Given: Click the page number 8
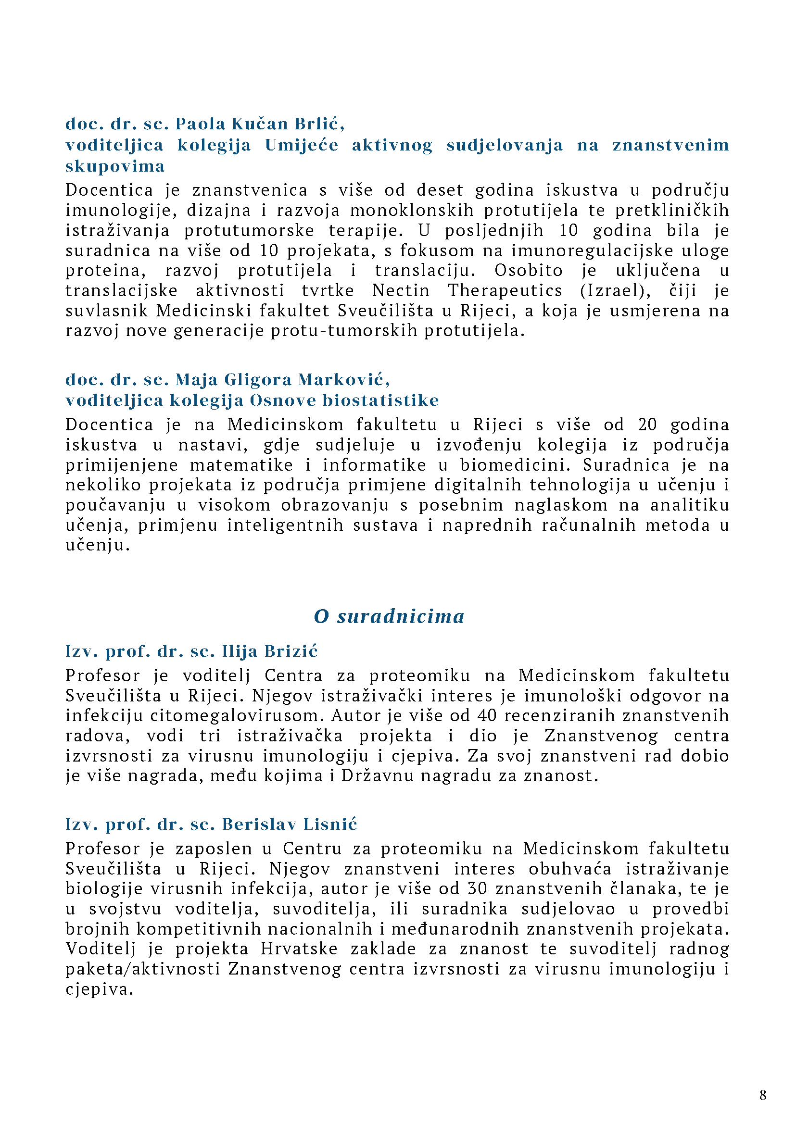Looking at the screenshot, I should pos(763,1095).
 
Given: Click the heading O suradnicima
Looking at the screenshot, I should pos(389,616).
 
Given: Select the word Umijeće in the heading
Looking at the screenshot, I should pos(302,145).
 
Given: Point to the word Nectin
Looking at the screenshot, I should pos(401,290).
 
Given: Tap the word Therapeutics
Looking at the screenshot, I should pos(505,290).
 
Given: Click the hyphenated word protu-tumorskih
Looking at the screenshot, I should pos(344,331).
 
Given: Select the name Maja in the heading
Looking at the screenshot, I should pos(197,380).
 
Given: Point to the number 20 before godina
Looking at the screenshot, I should pos(647,425).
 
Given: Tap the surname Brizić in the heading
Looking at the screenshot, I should pos(291,651).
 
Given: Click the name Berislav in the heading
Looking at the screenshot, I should pos(259,824).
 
